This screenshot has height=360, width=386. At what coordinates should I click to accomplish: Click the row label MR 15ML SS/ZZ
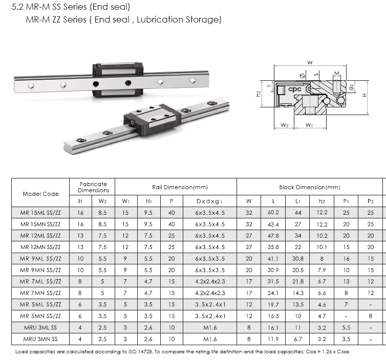click(40, 212)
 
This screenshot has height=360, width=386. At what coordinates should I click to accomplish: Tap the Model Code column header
click(40, 194)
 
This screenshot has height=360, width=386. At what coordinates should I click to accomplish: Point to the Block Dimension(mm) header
click(309, 187)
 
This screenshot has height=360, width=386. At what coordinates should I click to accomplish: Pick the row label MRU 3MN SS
click(40, 339)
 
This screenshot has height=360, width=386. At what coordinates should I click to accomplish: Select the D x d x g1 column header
click(210, 201)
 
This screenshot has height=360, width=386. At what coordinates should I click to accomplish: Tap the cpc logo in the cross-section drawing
click(295, 89)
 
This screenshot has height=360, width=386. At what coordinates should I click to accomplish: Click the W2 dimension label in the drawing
click(285, 125)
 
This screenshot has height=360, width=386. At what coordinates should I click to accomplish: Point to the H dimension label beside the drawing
click(364, 95)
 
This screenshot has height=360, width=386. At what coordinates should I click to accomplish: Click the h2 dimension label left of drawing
click(259, 93)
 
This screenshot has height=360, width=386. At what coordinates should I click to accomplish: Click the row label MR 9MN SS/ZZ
click(40, 270)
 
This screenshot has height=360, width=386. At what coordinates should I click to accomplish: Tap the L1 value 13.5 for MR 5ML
click(297, 304)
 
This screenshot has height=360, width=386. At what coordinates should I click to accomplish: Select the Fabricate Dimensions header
click(93, 187)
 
